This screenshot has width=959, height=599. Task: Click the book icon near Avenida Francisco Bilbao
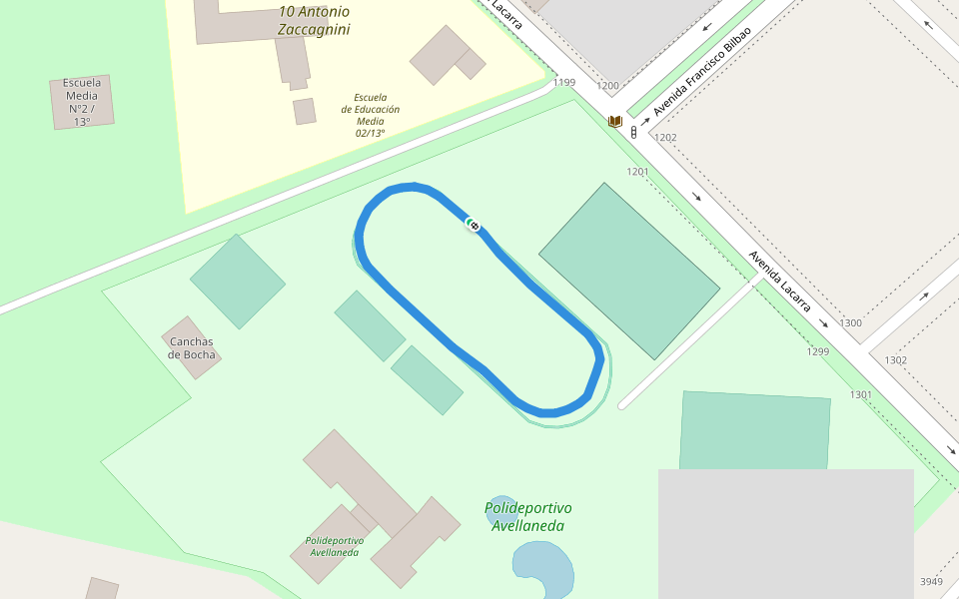tap(616, 122)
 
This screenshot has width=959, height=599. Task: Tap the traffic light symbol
tap(633, 132)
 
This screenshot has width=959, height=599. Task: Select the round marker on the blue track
tap(474, 225)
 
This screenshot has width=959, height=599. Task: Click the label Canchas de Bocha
tap(191, 348)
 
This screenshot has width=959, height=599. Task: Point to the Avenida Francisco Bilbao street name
tap(701, 71)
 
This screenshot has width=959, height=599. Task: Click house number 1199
tap(564, 83)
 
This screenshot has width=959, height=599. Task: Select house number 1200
tap(607, 86)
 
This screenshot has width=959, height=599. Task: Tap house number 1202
tap(665, 138)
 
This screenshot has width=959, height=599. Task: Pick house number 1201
tap(637, 172)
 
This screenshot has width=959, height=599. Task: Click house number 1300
tap(850, 323)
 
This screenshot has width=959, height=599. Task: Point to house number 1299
tap(818, 352)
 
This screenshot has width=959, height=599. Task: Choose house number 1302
tap(895, 360)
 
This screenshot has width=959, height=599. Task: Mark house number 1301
tap(861, 395)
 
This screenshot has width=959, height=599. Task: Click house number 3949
tap(931, 582)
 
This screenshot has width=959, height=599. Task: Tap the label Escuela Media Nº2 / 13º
tap(82, 102)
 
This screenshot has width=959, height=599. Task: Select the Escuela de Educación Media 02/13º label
tap(370, 115)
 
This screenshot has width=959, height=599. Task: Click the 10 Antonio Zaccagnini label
tap(314, 20)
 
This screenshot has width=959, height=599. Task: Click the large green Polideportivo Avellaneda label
tap(527, 516)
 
